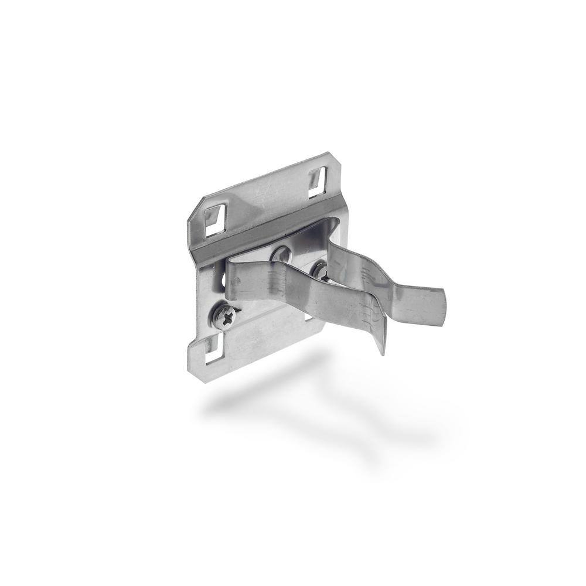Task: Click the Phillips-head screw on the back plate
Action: tap(225, 317)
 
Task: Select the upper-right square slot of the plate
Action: tap(317, 181)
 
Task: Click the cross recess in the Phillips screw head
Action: tap(225, 317)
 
